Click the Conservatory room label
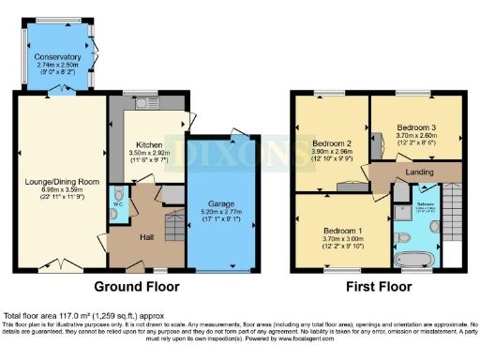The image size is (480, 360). pos(57,56)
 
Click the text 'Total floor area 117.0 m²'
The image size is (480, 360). pos(56,316)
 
